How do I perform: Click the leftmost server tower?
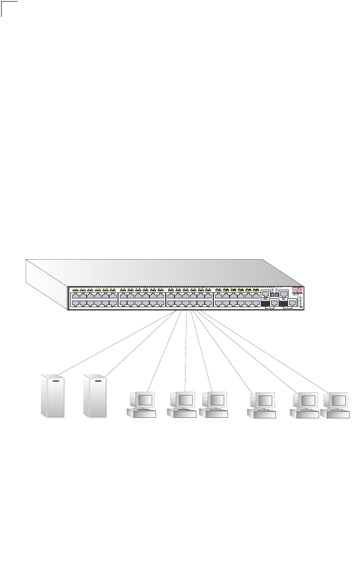point(55,397)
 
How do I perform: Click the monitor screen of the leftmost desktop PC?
point(146,400)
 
